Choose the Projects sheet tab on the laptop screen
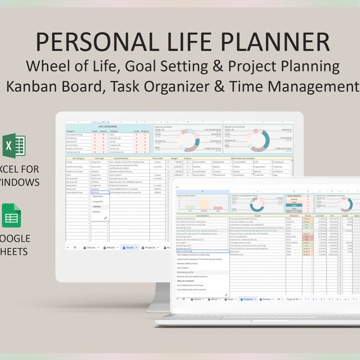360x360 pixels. coord(247,298)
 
